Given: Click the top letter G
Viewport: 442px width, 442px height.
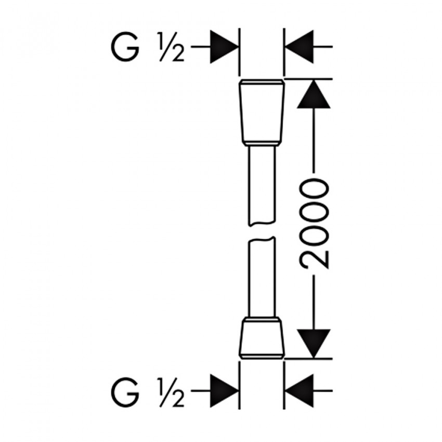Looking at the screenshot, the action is click(125, 47).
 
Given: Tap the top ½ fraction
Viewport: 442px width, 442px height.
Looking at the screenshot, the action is click(172, 47).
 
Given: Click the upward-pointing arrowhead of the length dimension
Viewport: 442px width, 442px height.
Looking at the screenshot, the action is click(314, 94).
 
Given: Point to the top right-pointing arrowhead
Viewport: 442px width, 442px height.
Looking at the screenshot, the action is click(225, 47).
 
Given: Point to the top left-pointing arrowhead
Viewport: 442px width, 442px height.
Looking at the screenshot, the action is click(300, 47).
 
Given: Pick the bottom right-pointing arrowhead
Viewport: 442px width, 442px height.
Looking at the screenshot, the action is click(225, 391).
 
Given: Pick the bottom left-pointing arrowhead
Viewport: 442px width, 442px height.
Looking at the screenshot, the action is click(300, 391).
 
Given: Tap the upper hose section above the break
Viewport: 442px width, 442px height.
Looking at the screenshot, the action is click(262, 186).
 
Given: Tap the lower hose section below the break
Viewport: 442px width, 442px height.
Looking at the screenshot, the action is click(262, 277).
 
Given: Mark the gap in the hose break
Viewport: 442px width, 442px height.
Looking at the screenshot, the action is click(262, 232).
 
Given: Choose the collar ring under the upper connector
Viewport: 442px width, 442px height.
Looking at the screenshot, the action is click(262, 144).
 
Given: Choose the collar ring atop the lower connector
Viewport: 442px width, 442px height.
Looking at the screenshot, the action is click(262, 319).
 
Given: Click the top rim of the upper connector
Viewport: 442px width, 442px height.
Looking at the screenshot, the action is click(262, 82).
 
